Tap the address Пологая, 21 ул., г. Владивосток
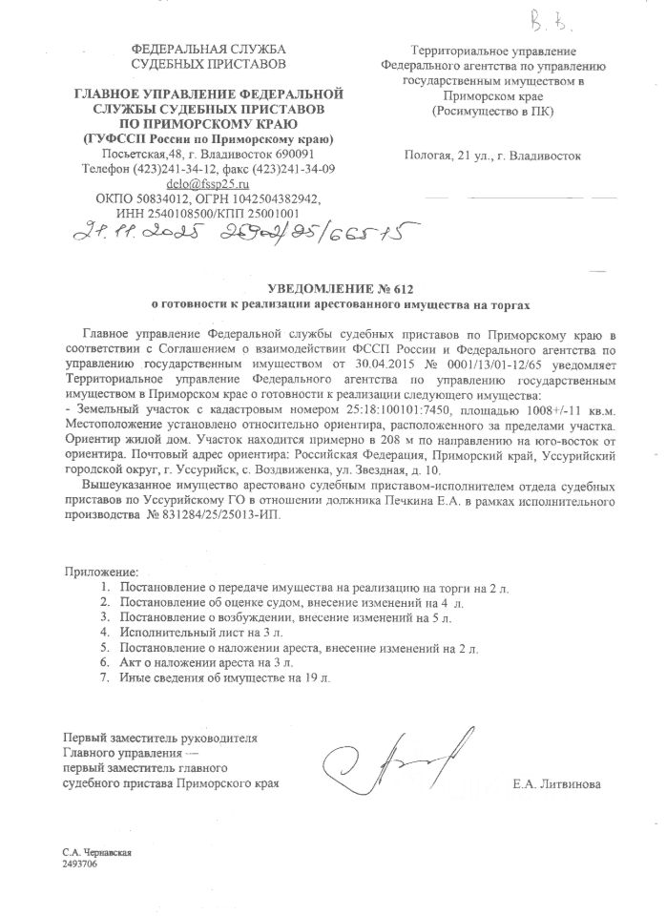click(x=492, y=154)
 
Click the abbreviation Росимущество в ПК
click(x=492, y=110)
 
